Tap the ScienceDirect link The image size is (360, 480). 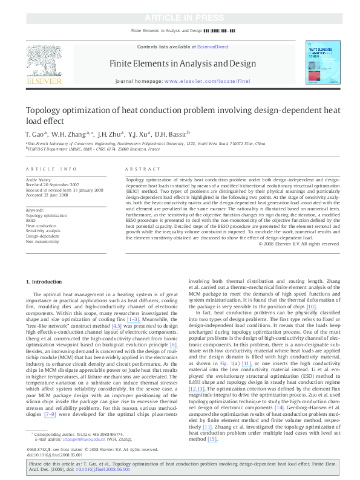[213, 47]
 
